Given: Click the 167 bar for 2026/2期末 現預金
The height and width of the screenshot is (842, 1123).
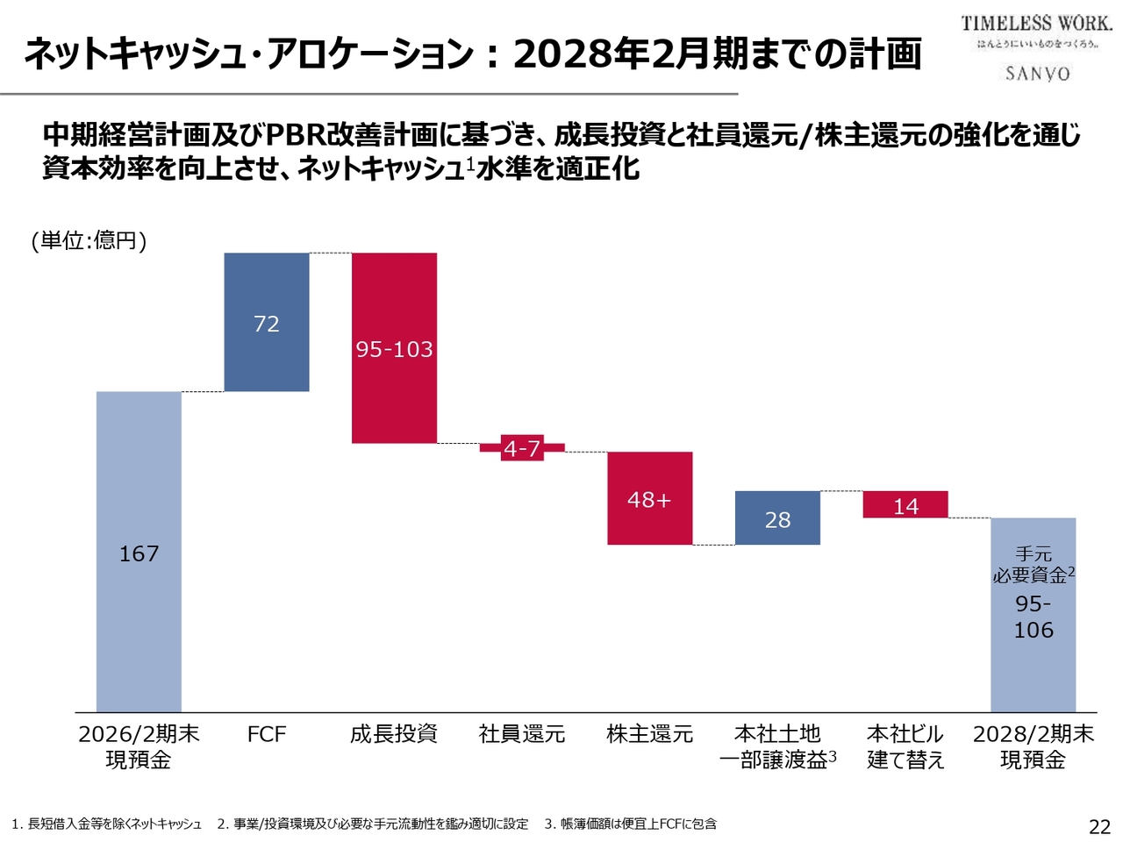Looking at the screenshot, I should point(139,552).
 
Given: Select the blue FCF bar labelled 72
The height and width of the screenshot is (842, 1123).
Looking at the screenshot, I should point(267,322).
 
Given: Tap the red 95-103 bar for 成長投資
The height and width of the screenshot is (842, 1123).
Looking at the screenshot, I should point(394,348).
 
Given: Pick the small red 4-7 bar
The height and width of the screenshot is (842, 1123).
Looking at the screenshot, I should point(522,448).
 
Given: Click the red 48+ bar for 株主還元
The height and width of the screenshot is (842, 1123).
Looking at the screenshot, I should point(649,498).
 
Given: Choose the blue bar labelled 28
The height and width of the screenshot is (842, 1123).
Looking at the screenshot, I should point(777,518).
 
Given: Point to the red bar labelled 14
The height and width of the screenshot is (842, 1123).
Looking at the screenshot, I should point(905,504).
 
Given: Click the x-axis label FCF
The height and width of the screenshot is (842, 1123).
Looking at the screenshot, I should point(267,734).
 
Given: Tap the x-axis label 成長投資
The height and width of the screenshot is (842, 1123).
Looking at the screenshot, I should point(394,734).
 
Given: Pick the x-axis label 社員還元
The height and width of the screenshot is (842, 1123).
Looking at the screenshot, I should point(522,734).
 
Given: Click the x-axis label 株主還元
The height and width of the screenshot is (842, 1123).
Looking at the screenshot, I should point(649,734).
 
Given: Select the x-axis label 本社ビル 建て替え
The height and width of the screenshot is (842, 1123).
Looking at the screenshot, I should point(905,746).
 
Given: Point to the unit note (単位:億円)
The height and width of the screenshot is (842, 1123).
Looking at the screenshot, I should point(89,240).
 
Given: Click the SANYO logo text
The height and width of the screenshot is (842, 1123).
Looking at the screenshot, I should point(1038,74).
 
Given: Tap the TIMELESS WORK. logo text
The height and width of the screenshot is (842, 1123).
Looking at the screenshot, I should point(1036,24).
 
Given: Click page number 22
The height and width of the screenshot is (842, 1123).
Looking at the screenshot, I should point(1099,826).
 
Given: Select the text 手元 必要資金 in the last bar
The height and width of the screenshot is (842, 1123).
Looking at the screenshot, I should point(1033,565).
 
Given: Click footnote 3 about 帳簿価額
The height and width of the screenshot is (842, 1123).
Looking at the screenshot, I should point(630,824).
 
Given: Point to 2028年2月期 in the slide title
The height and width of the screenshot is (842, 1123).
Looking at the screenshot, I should point(624,54).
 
